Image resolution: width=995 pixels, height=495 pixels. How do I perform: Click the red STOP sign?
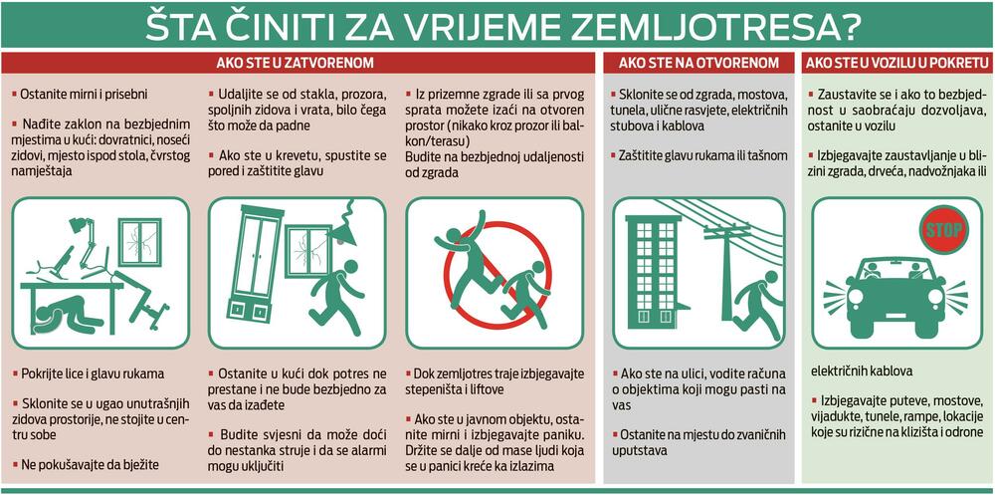(944, 229)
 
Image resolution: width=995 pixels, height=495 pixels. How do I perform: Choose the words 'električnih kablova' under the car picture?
(862, 371)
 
